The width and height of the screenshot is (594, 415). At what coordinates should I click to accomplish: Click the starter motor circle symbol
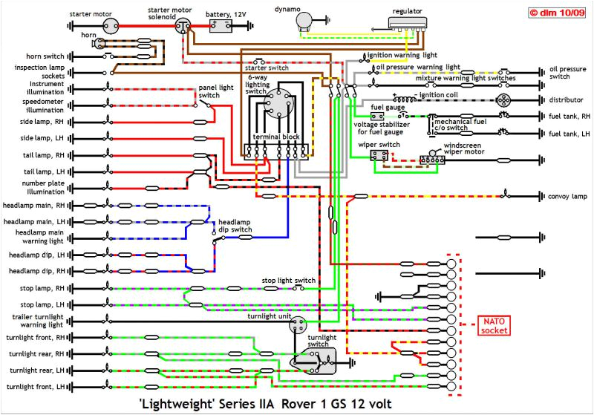112,25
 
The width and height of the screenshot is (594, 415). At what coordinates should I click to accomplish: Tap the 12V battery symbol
221,26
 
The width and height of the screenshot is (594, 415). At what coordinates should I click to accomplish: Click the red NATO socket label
495,324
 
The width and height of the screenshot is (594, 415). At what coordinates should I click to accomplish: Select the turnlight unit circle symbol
298,324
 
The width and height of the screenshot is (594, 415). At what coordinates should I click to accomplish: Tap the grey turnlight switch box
320,362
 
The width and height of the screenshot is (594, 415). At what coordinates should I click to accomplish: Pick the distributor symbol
503,99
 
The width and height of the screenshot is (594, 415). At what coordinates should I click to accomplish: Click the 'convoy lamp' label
567,197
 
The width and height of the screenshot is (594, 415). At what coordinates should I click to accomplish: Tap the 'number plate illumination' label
42,186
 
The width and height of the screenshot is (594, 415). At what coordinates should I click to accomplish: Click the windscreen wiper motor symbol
431,159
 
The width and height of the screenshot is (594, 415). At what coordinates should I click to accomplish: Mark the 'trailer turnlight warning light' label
42,321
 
